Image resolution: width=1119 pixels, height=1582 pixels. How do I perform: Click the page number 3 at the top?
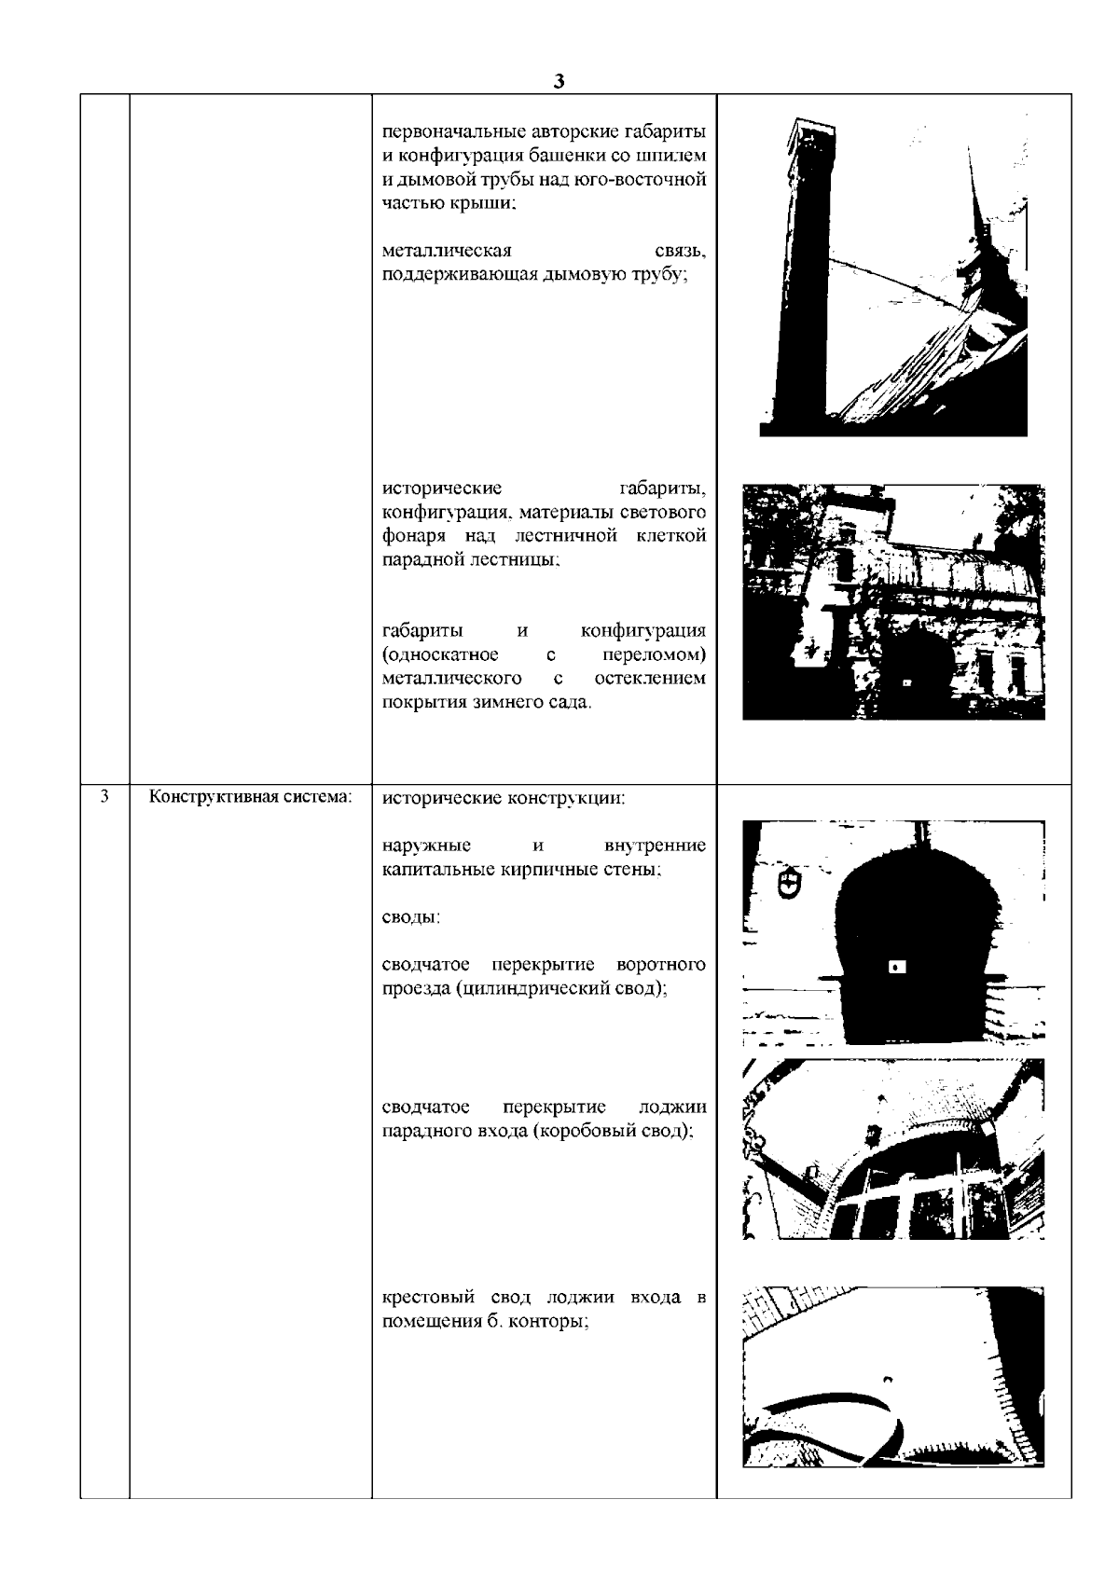(559, 81)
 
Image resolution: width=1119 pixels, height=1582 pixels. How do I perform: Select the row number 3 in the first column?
(104, 797)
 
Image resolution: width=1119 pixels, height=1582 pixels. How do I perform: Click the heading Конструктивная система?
(250, 797)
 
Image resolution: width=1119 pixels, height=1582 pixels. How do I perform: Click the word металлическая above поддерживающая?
(447, 251)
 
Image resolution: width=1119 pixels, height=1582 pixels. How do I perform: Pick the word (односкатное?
(440, 654)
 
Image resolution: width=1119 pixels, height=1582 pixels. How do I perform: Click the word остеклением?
(650, 678)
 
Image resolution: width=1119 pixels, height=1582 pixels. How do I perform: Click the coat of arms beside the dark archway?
(788, 883)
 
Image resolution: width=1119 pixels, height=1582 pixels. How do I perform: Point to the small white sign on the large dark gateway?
(897, 966)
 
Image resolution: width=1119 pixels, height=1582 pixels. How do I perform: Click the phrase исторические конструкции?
(504, 798)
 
